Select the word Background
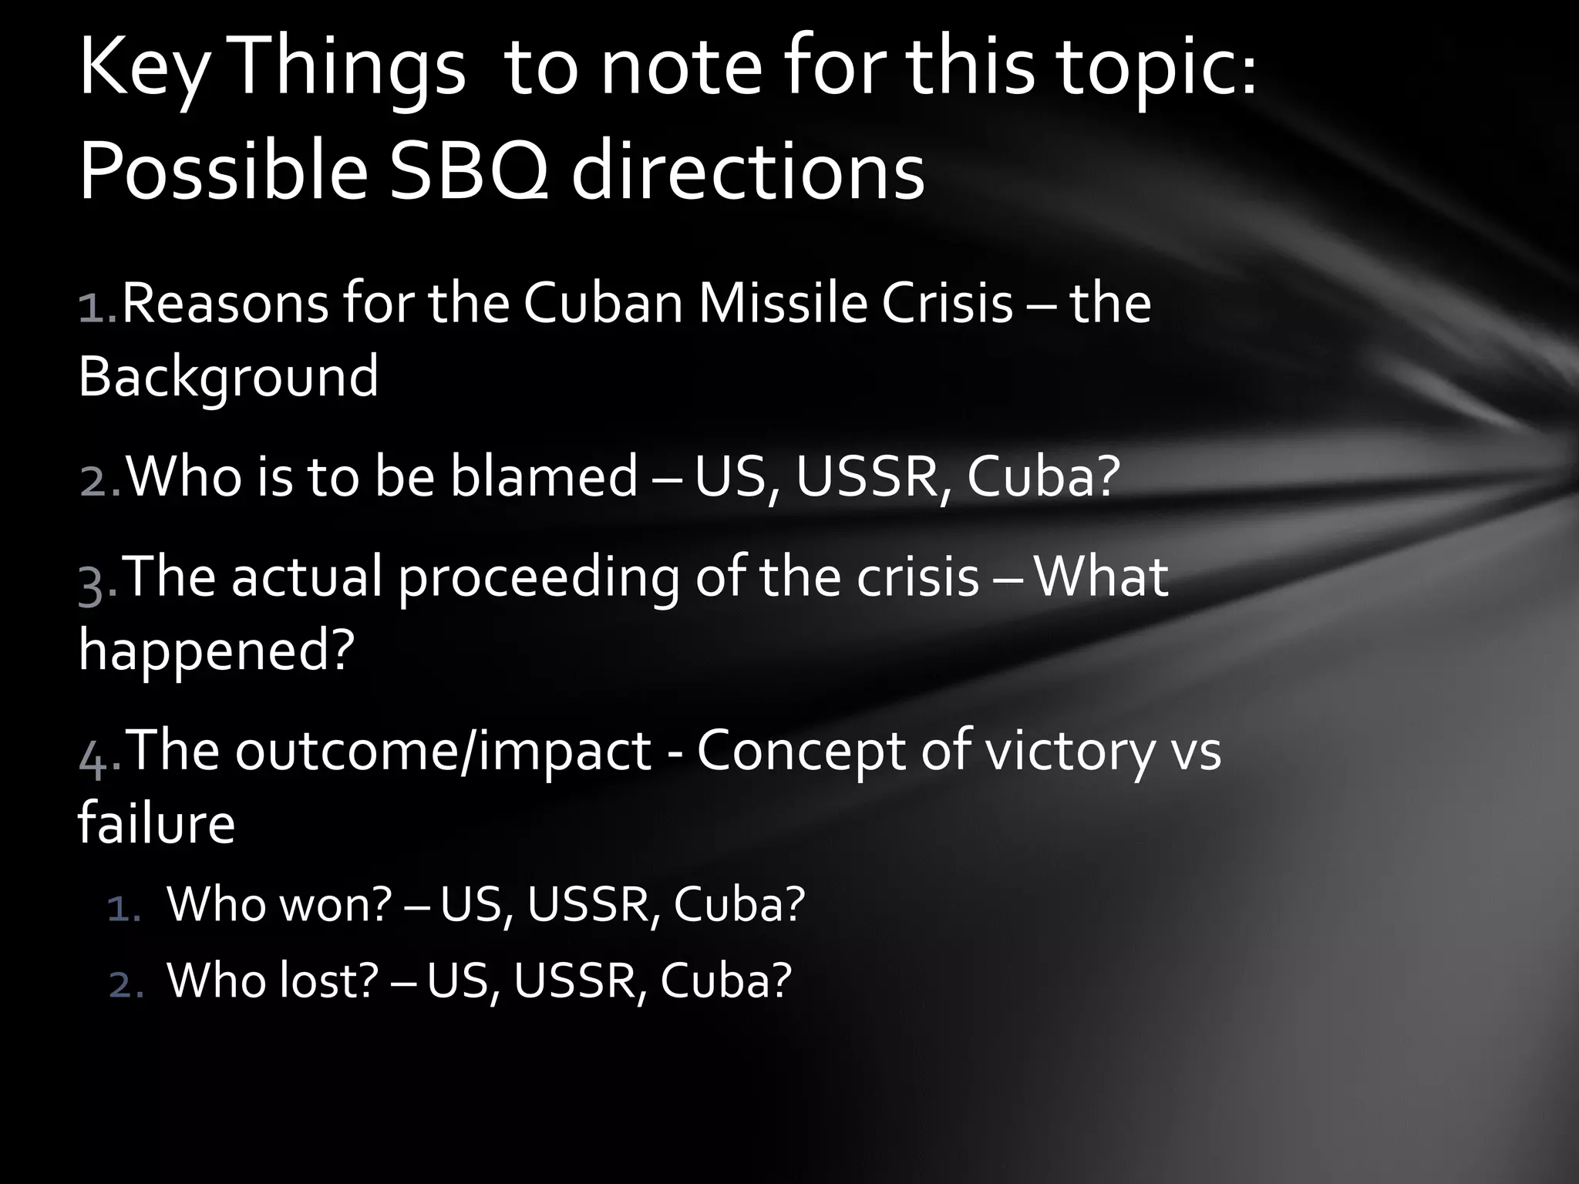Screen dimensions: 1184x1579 coord(228,377)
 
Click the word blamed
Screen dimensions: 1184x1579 coord(544,476)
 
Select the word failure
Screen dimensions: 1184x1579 coord(157,822)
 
